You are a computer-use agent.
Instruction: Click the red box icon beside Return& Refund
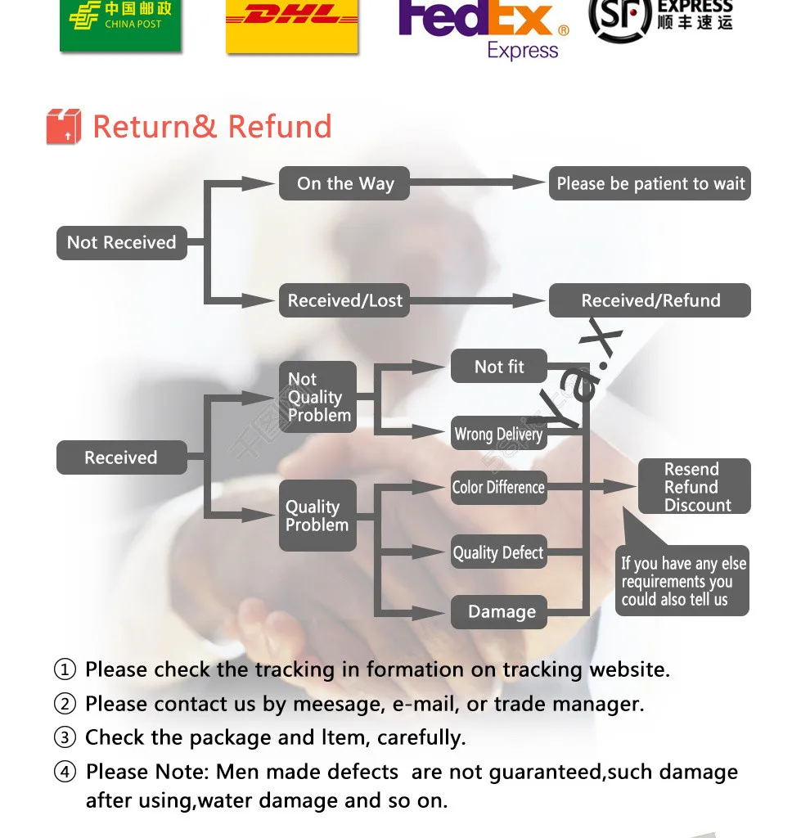[x=64, y=127]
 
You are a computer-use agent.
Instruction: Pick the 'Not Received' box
[x=121, y=243]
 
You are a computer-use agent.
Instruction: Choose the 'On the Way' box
[x=344, y=184]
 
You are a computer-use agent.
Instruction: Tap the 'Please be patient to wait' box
[x=650, y=184]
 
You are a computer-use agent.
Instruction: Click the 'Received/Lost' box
[x=344, y=301]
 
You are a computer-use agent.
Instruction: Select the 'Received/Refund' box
[x=650, y=300]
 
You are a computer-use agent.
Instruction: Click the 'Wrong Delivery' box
[x=498, y=434]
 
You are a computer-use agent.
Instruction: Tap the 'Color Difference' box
[x=498, y=488]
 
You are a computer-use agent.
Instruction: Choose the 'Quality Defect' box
[x=498, y=553]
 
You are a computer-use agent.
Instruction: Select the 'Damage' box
[x=499, y=612]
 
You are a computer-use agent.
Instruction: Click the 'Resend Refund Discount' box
[x=694, y=487]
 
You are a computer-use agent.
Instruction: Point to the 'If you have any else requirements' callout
[x=682, y=581]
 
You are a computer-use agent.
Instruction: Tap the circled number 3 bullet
[x=65, y=738]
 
